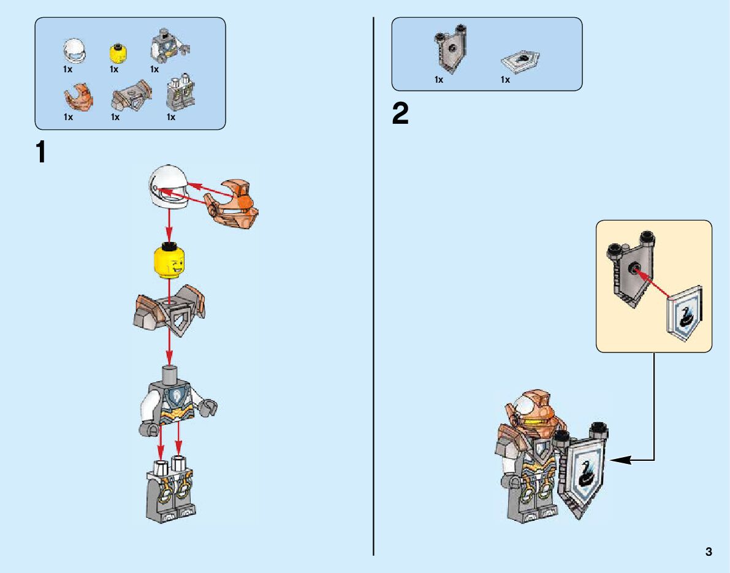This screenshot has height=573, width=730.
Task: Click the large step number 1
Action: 41,152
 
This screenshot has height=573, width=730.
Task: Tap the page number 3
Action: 709,552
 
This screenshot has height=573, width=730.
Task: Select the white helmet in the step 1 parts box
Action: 74,51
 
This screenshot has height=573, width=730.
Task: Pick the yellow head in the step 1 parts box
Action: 115,53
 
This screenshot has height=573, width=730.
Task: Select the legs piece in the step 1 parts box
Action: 177,95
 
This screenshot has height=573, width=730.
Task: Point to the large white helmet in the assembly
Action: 167,188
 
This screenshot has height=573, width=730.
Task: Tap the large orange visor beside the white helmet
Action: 234,203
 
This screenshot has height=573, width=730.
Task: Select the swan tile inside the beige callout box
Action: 685,313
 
